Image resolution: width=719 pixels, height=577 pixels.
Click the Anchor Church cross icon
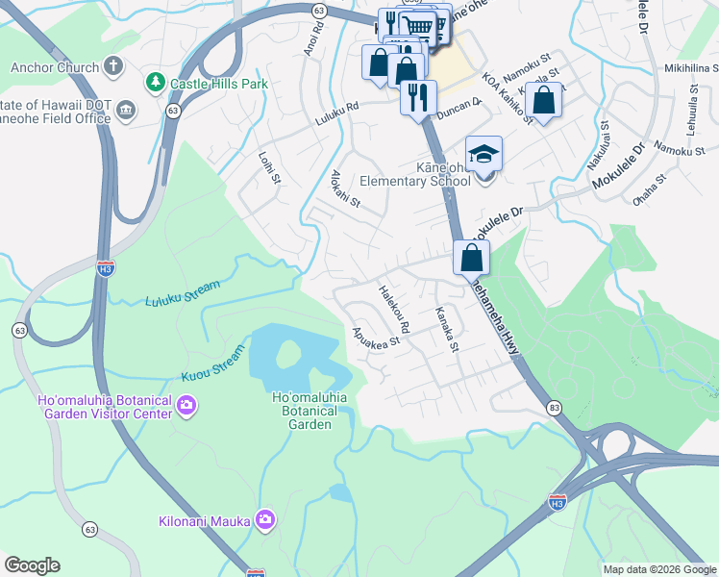(113, 67)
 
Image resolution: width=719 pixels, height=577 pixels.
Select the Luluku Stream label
(182, 293)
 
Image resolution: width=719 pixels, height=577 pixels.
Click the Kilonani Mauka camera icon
(265, 521)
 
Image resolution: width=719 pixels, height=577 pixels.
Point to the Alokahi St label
(345, 188)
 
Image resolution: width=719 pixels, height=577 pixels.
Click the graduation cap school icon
(483, 154)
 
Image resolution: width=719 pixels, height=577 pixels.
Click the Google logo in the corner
(32, 565)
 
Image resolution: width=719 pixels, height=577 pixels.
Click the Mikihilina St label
(691, 68)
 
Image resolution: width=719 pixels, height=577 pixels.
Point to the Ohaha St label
(650, 188)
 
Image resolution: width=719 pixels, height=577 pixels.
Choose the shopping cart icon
(417, 26)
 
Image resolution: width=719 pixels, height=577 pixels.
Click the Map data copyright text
(658, 569)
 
